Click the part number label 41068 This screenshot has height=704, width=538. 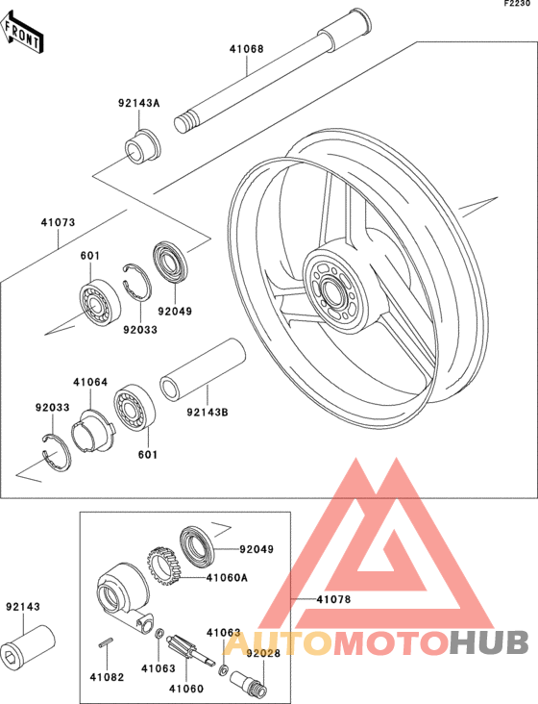[247, 48]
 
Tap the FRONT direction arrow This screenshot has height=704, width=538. [22, 32]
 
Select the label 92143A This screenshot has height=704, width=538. [139, 103]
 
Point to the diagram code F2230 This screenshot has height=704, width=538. [517, 4]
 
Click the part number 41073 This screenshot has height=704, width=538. [59, 222]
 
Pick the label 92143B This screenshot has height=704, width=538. [208, 412]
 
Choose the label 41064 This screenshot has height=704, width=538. [90, 382]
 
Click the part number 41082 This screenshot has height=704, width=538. [107, 677]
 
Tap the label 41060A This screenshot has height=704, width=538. [227, 577]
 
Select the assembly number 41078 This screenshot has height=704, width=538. [334, 599]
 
